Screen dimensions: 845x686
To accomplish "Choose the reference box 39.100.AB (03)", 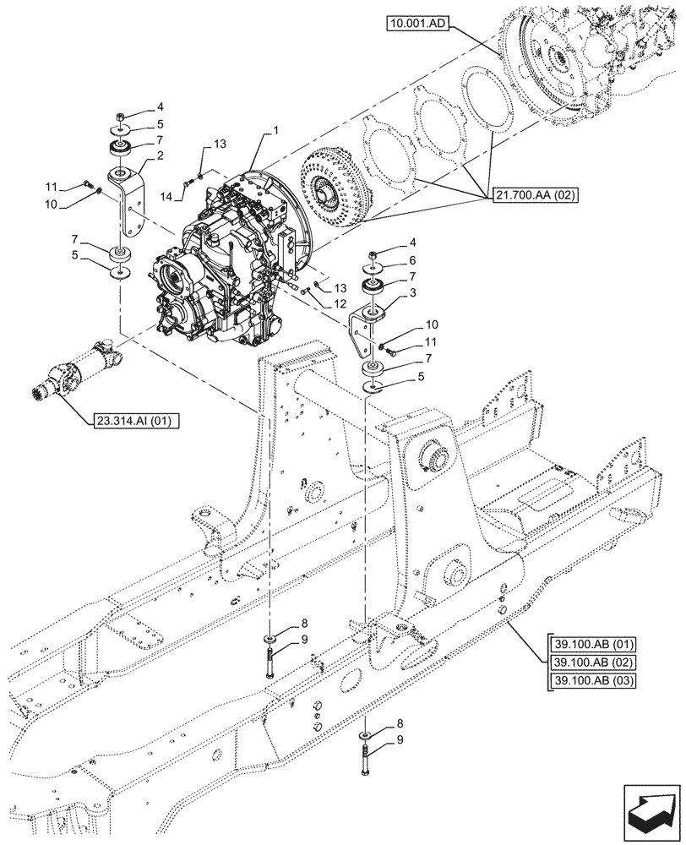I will click(591, 680).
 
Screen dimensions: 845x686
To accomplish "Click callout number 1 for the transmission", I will click(275, 133).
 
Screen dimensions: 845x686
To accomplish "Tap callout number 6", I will click(411, 260).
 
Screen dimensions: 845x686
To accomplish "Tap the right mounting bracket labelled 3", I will click(365, 330).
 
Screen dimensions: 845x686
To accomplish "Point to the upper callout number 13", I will click(220, 144).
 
